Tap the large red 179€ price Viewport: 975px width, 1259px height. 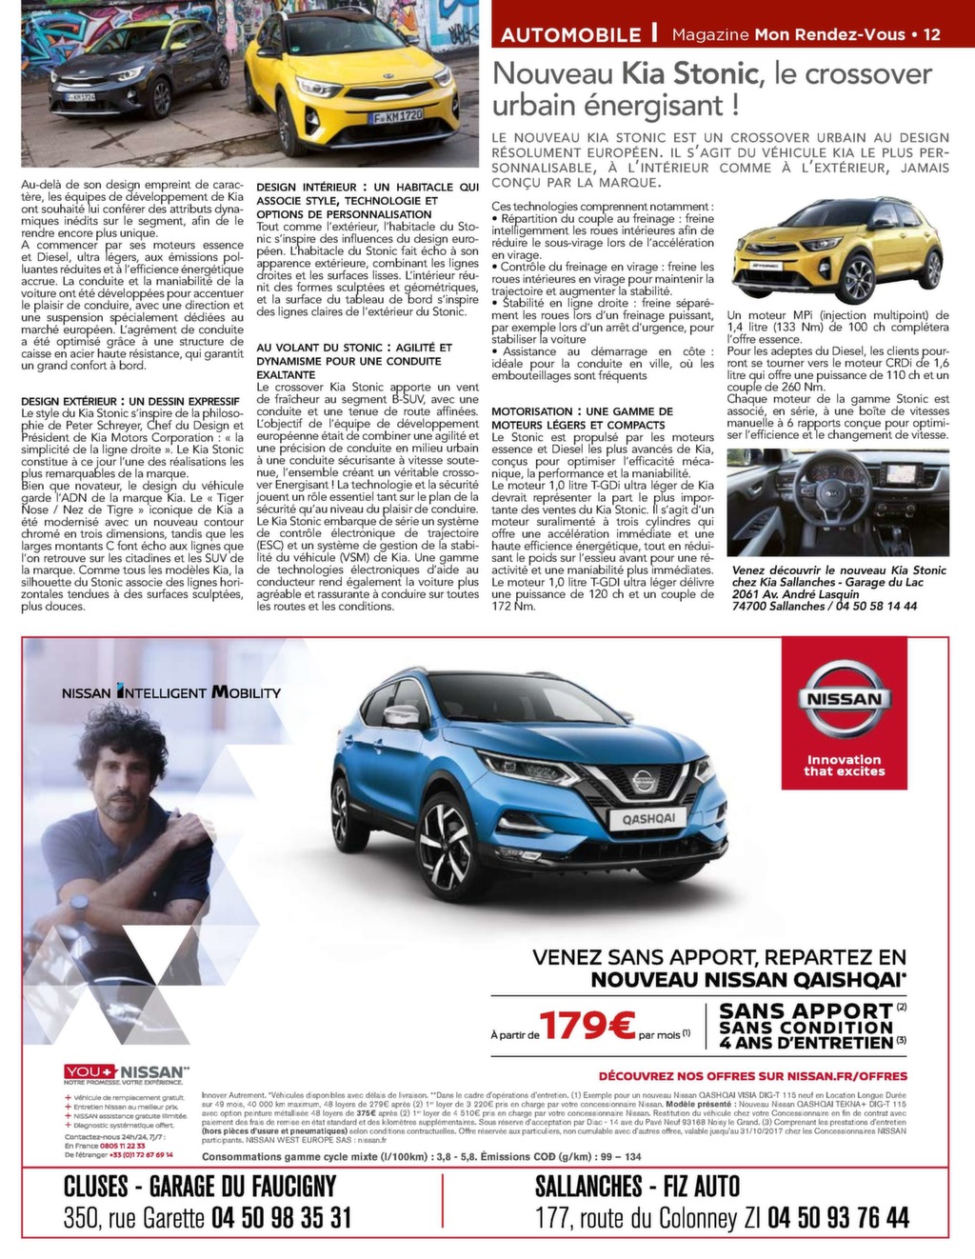point(587,1026)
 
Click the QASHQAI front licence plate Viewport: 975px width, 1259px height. point(648,817)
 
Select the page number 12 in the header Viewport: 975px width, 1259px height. point(931,34)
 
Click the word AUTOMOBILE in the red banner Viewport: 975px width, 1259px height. point(570,35)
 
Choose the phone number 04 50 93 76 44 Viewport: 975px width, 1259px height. point(838,1217)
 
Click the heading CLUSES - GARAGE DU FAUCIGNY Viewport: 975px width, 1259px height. point(199,1187)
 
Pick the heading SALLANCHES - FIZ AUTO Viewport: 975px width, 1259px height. point(637,1187)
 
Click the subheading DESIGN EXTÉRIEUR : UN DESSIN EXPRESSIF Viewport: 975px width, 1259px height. point(130,401)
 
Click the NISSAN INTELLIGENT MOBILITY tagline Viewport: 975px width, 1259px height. point(171,692)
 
